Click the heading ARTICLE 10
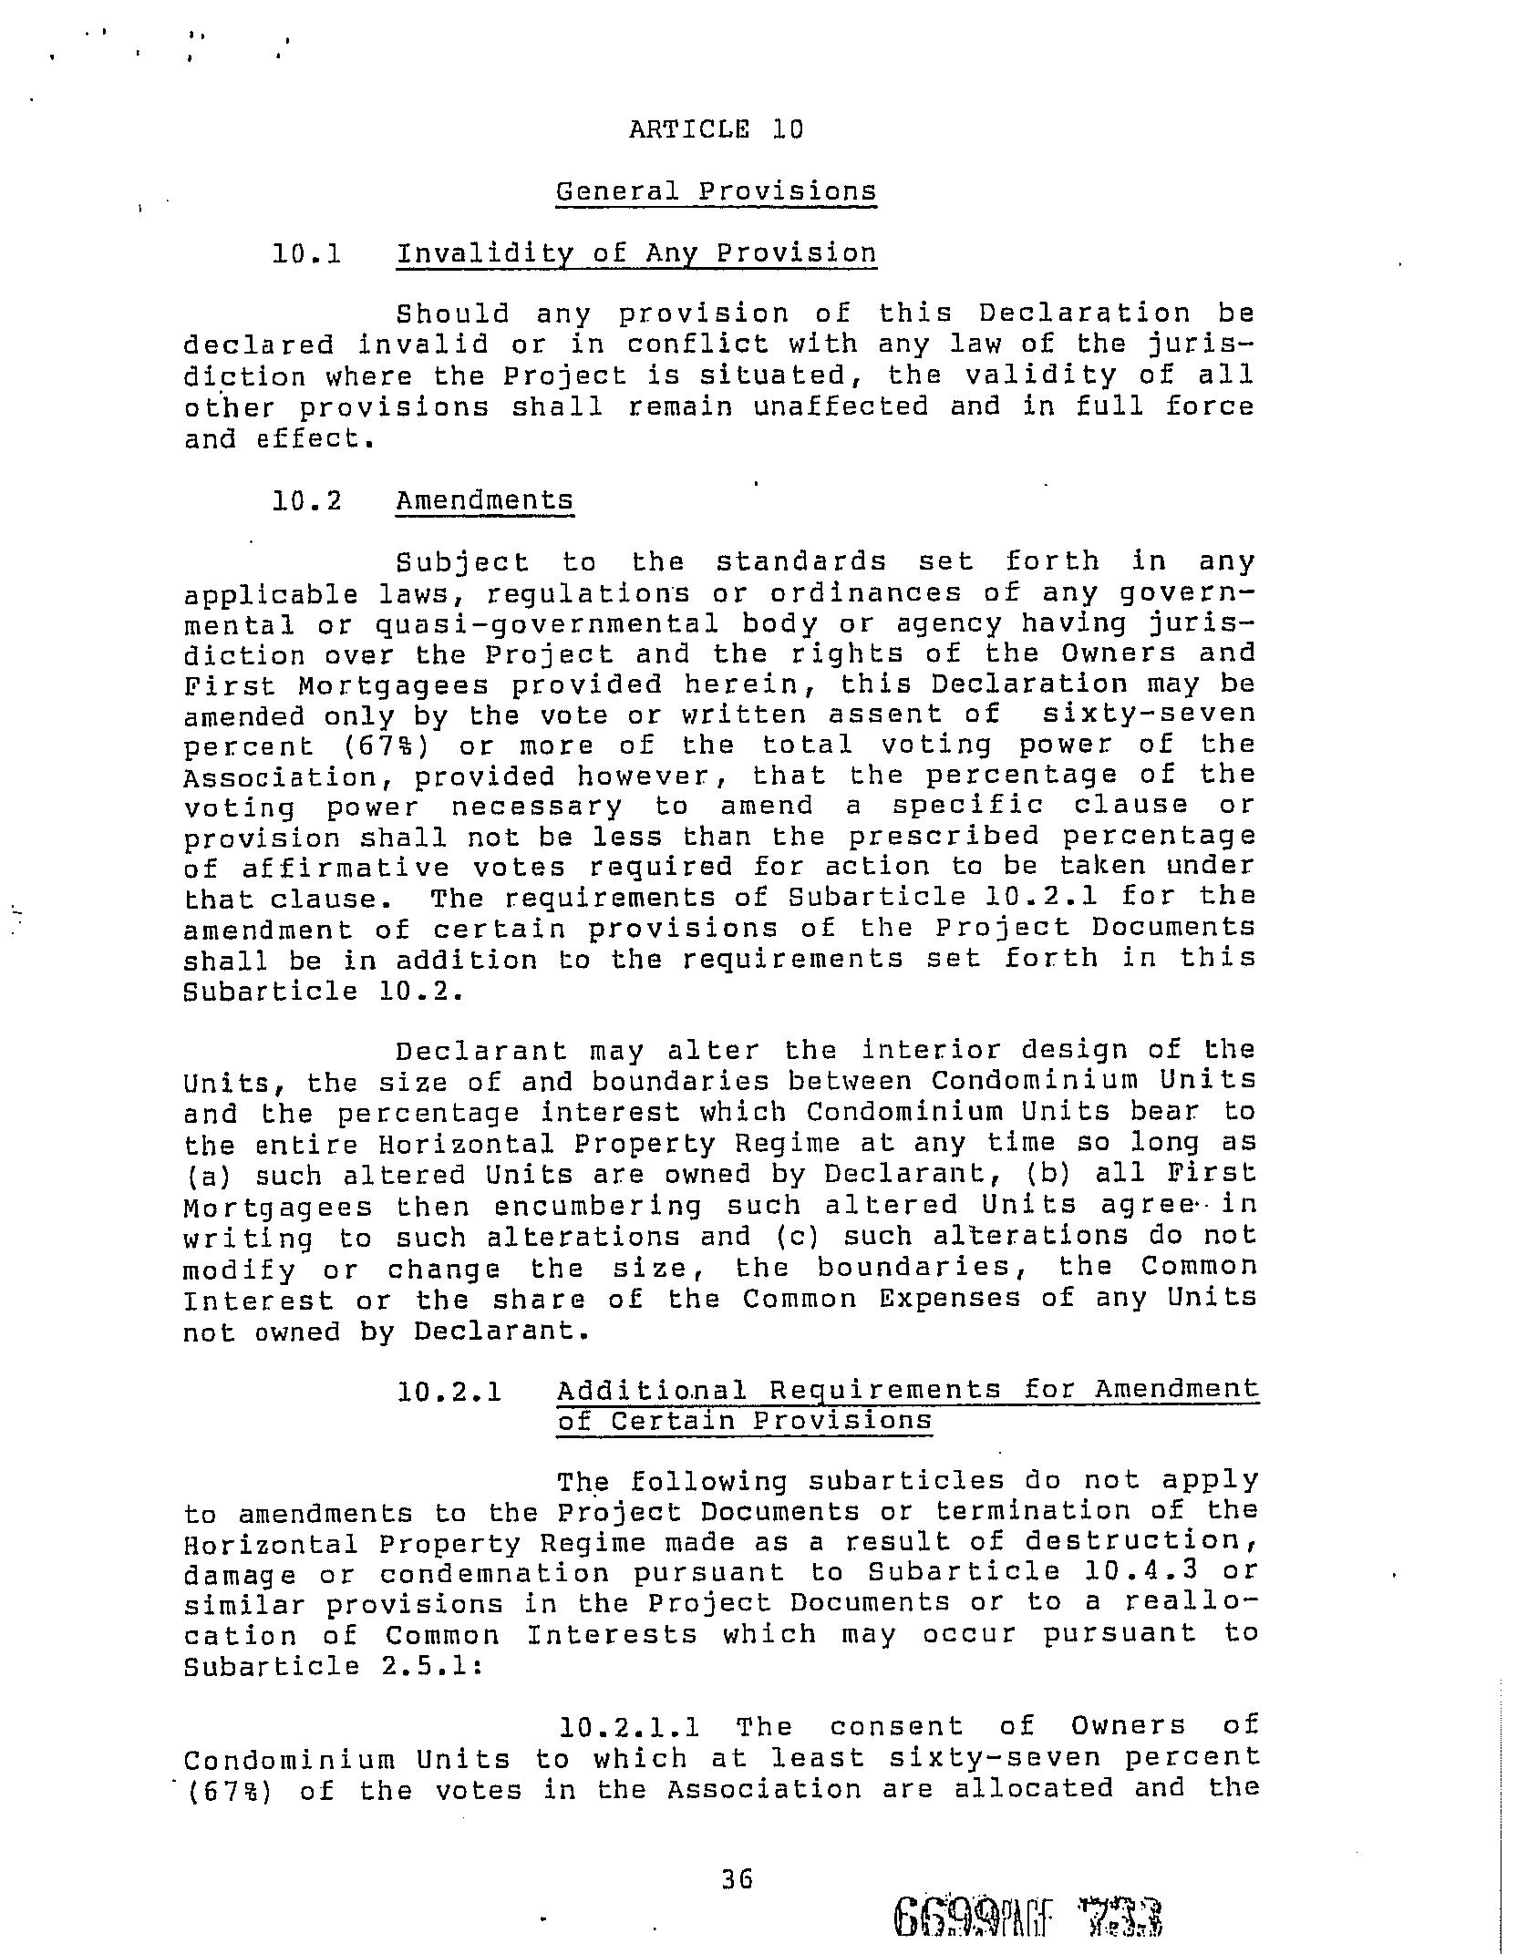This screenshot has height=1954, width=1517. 716,129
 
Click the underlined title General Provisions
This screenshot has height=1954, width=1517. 716,192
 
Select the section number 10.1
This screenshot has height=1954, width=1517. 306,253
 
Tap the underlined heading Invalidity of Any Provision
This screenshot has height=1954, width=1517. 635,253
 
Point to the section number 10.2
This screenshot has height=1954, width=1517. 306,500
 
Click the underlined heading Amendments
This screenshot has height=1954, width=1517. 484,500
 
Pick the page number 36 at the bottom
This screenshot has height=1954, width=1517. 737,1878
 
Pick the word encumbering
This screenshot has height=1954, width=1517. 598,1207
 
